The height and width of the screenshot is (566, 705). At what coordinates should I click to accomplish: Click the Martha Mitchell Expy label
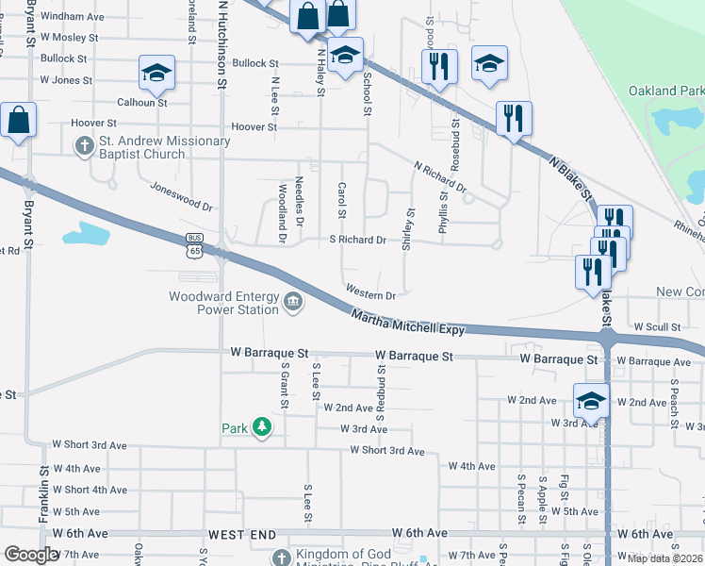click(x=408, y=324)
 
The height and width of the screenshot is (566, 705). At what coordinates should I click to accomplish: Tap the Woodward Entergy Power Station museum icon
click(x=294, y=303)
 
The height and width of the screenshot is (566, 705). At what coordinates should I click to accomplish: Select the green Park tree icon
click(x=262, y=428)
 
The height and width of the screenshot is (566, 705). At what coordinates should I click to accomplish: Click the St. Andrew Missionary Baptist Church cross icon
click(x=85, y=147)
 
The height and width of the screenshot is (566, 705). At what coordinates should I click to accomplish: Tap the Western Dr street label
click(x=369, y=294)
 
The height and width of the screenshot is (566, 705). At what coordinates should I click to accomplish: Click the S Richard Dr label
click(x=357, y=241)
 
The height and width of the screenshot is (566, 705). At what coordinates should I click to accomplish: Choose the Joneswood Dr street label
click(x=181, y=195)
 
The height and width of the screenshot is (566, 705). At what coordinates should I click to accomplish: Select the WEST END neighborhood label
click(x=240, y=534)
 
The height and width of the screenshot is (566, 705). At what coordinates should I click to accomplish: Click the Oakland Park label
click(x=666, y=91)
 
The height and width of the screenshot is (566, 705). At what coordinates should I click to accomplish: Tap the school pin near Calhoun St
click(x=156, y=72)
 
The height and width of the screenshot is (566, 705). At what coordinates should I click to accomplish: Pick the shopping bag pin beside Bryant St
click(x=18, y=120)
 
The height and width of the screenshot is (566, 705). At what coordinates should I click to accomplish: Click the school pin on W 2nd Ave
click(x=591, y=399)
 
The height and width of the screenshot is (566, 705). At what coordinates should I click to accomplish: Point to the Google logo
click(x=31, y=555)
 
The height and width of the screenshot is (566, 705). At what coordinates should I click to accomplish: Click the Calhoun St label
click(x=141, y=102)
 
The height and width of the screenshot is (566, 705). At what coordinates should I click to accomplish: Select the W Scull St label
click(x=657, y=326)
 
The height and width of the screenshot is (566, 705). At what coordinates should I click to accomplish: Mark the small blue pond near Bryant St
click(x=87, y=232)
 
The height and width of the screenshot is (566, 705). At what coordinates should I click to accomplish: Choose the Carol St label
click(x=343, y=199)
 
